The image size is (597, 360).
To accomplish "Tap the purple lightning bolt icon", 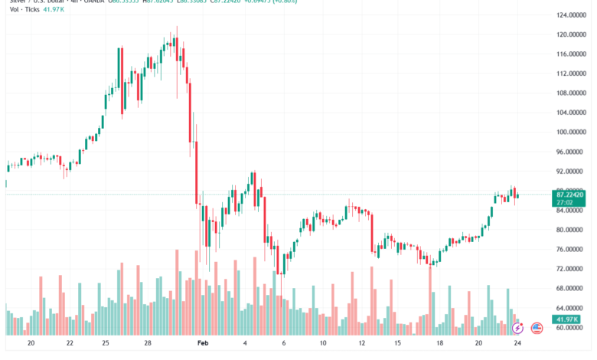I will tap(517, 328).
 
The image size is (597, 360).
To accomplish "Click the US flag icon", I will tap(537, 328).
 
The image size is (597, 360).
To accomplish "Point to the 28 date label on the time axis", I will tap(148, 345).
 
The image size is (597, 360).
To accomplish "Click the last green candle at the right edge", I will tap(518, 195).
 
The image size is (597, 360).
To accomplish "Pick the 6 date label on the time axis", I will tap(284, 345).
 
